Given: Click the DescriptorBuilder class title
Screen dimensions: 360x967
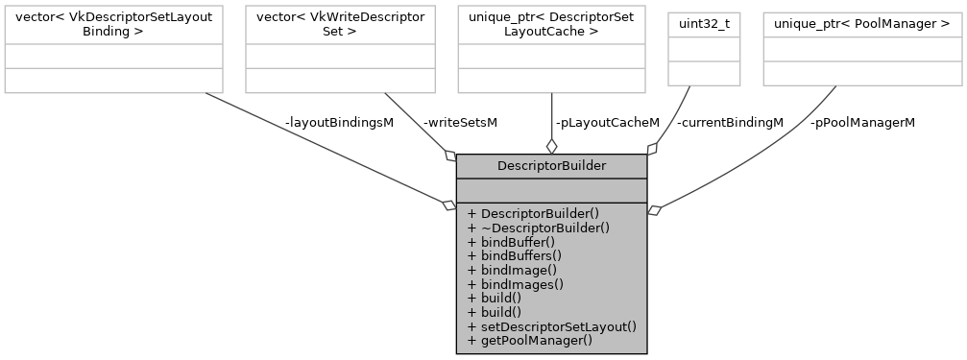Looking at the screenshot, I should (551, 166).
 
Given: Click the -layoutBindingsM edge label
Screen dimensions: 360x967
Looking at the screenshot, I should (338, 123).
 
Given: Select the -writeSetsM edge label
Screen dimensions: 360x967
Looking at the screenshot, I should (460, 123).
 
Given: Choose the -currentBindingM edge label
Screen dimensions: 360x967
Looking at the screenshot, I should (730, 123).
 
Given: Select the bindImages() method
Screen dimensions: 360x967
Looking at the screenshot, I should (515, 284).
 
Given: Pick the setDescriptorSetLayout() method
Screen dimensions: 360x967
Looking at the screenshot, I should (551, 326).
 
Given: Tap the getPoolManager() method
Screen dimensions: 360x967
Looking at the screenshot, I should (529, 340).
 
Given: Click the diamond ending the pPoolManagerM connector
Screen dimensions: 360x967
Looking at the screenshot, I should (655, 209).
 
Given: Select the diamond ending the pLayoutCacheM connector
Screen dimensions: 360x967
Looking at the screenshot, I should (551, 146).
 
